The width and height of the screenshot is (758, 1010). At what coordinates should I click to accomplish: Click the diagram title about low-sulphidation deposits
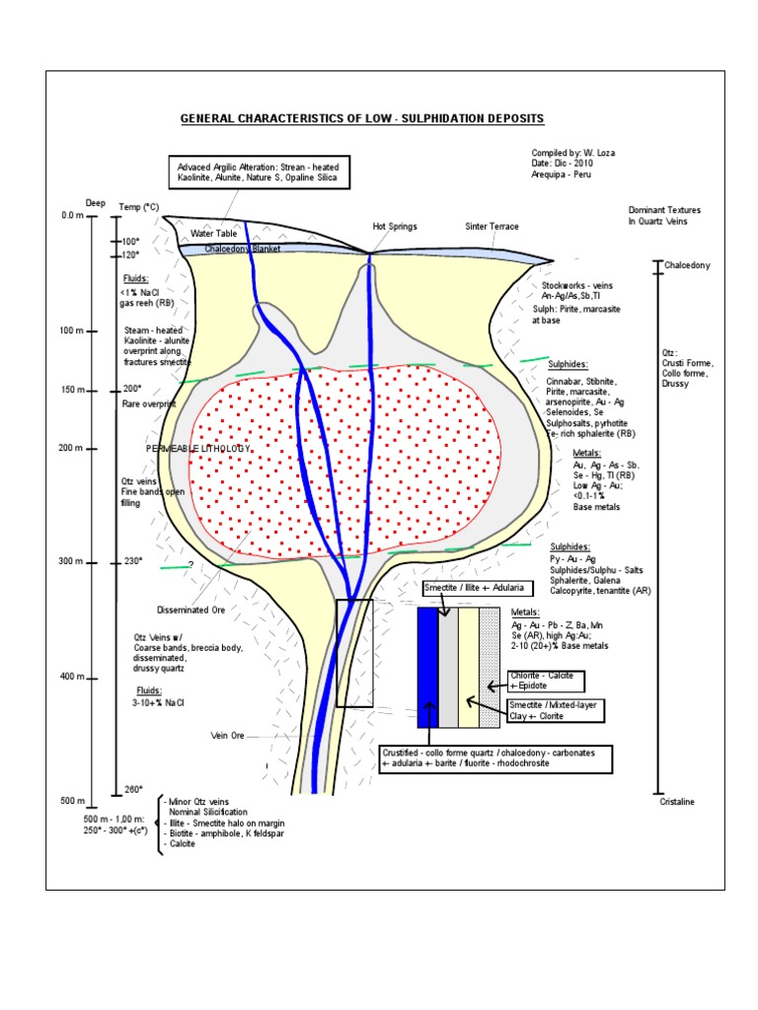361,118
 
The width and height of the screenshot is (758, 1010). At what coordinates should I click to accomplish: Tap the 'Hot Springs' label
395,226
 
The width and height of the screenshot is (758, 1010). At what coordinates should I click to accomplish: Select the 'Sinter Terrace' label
492,226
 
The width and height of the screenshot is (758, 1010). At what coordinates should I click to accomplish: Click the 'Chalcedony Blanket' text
243,250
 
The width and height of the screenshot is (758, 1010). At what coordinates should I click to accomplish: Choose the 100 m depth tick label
73,330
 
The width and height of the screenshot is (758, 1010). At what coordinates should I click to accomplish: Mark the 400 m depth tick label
73,677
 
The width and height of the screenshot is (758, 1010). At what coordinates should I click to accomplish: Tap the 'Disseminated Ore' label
191,610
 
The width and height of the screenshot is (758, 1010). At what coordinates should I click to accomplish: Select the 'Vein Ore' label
228,735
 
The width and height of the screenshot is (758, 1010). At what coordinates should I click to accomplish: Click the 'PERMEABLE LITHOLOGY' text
198,448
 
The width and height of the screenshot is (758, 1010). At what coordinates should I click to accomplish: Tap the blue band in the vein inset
427,668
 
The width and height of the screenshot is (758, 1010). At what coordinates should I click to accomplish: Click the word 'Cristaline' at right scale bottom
677,802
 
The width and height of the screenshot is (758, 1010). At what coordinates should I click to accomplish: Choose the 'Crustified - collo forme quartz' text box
495,758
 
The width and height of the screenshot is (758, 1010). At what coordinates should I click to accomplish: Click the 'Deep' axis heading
95,203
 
